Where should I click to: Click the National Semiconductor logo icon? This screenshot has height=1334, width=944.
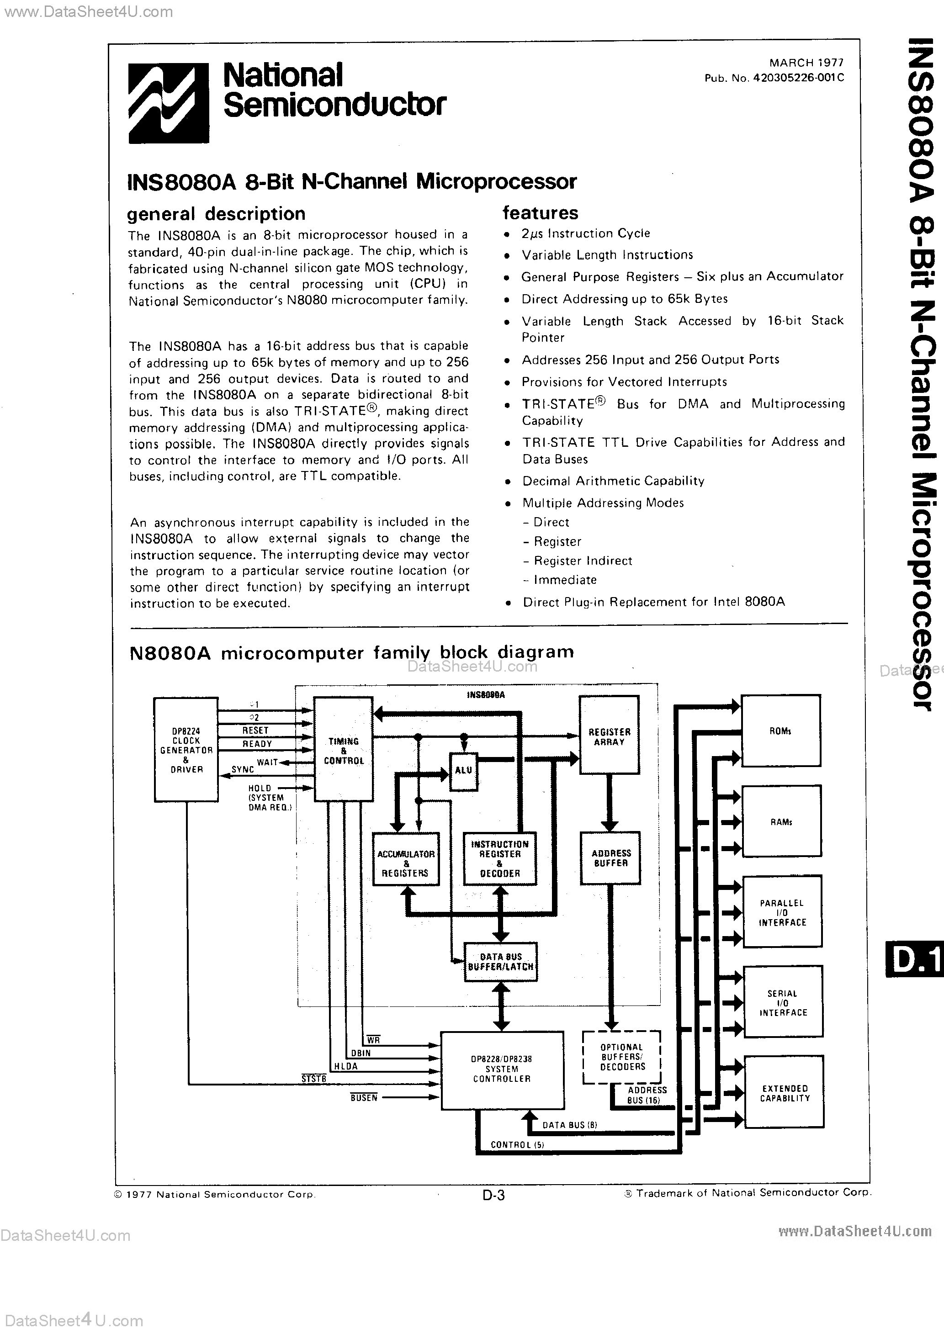coord(169,103)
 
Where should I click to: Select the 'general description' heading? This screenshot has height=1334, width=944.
coord(216,214)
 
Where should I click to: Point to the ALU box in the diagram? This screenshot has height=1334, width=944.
coord(463,770)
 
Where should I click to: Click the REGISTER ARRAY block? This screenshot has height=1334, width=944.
coord(609,736)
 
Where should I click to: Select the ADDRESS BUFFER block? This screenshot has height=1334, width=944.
coord(610,858)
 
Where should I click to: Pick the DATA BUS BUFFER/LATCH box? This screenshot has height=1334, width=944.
coord(500,962)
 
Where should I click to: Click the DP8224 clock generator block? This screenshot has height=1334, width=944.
coord(186,750)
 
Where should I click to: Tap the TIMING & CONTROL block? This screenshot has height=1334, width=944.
coord(343,750)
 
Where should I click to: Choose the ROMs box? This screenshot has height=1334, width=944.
coord(781,731)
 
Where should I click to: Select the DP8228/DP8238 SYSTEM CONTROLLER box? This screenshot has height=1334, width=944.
coord(502,1069)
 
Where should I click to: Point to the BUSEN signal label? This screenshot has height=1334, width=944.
coord(364,1097)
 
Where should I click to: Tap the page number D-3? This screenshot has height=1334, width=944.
coord(493,1195)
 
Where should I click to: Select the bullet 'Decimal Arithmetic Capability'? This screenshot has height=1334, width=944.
coord(613,481)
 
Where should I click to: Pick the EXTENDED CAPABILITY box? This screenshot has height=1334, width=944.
coord(784,1093)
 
